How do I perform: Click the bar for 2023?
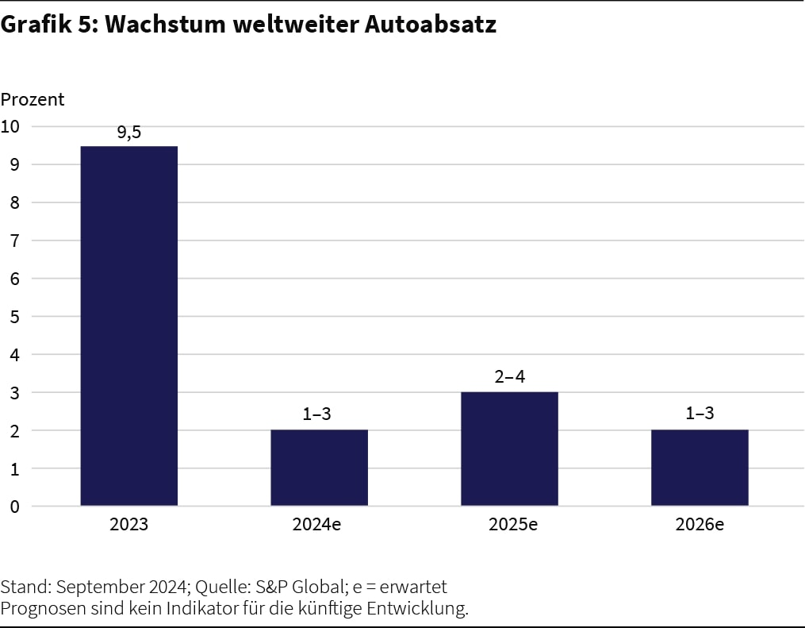click(x=128, y=326)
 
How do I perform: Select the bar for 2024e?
click(x=319, y=468)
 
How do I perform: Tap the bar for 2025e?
click(x=509, y=449)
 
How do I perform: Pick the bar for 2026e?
click(x=700, y=468)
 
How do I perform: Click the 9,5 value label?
click(x=128, y=133)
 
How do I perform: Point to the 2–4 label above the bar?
click(x=509, y=377)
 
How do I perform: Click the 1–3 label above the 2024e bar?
click(x=319, y=414)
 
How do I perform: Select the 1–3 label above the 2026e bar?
click(x=700, y=414)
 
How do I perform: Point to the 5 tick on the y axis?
click(x=14, y=317)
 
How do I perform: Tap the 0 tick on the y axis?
click(x=14, y=507)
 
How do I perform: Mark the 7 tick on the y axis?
click(x=14, y=241)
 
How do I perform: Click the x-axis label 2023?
click(x=128, y=525)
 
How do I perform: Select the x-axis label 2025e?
click(x=509, y=525)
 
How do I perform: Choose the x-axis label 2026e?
click(x=700, y=525)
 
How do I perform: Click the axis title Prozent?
click(x=33, y=100)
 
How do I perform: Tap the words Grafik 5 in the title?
click(x=47, y=25)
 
